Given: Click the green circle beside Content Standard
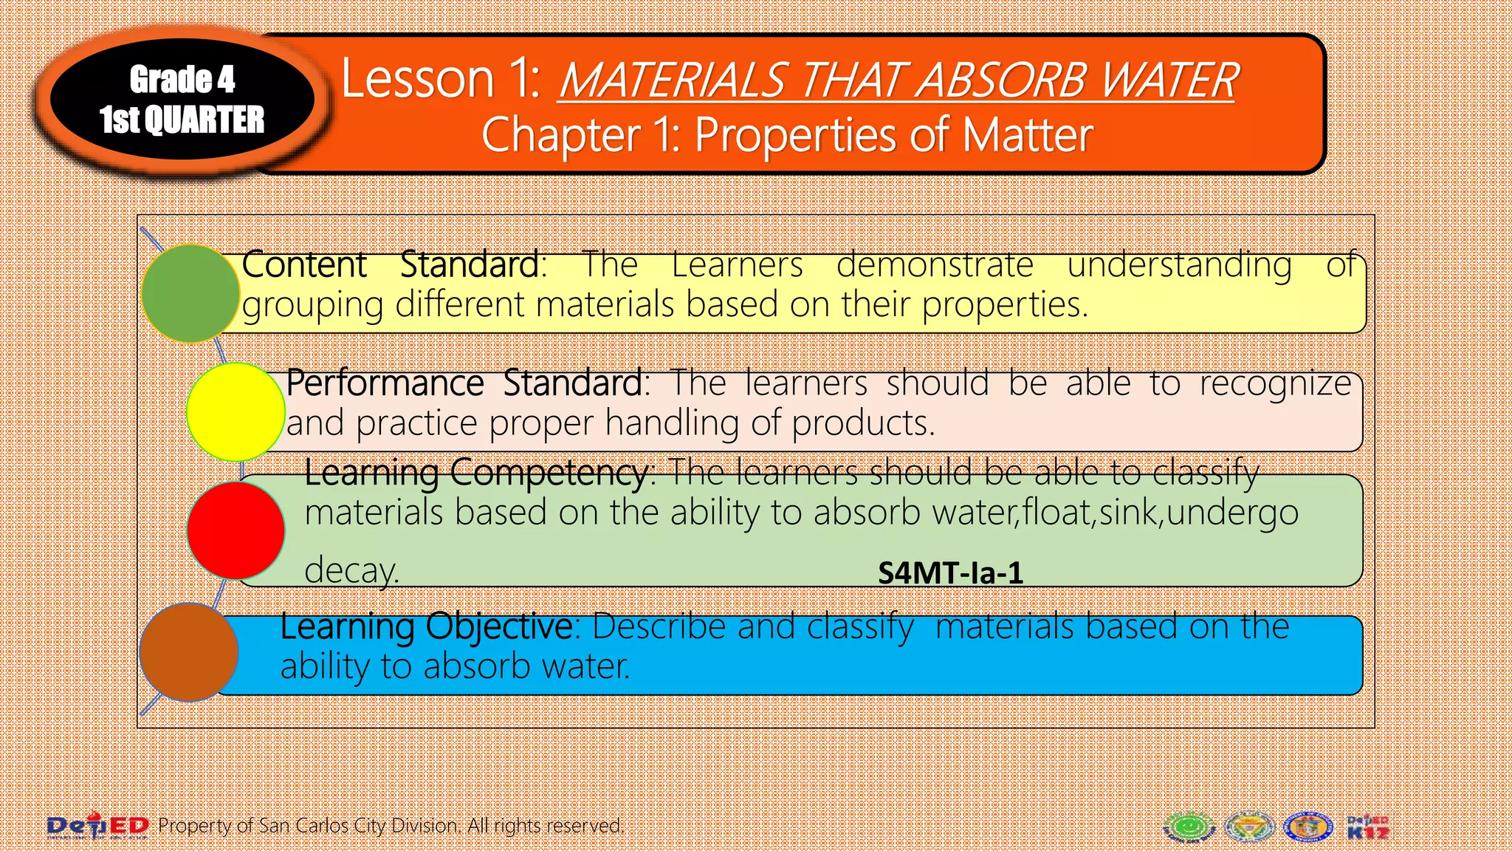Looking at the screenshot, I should point(190,293).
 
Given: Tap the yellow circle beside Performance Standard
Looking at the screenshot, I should point(236,411).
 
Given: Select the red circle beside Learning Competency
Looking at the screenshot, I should point(236,530).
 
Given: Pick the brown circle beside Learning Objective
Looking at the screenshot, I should point(188,652).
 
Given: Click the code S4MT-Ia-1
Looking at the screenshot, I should point(950,573).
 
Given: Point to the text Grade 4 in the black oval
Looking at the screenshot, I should point(182,79).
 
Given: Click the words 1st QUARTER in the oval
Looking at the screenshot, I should point(182,120).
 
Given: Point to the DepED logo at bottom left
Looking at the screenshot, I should point(97,825).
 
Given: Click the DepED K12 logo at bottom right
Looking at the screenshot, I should point(1367,827).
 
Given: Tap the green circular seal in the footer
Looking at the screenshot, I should point(1189,827).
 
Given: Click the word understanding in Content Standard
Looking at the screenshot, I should point(1179,264).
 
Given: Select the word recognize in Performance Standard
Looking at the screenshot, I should point(1275,383).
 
